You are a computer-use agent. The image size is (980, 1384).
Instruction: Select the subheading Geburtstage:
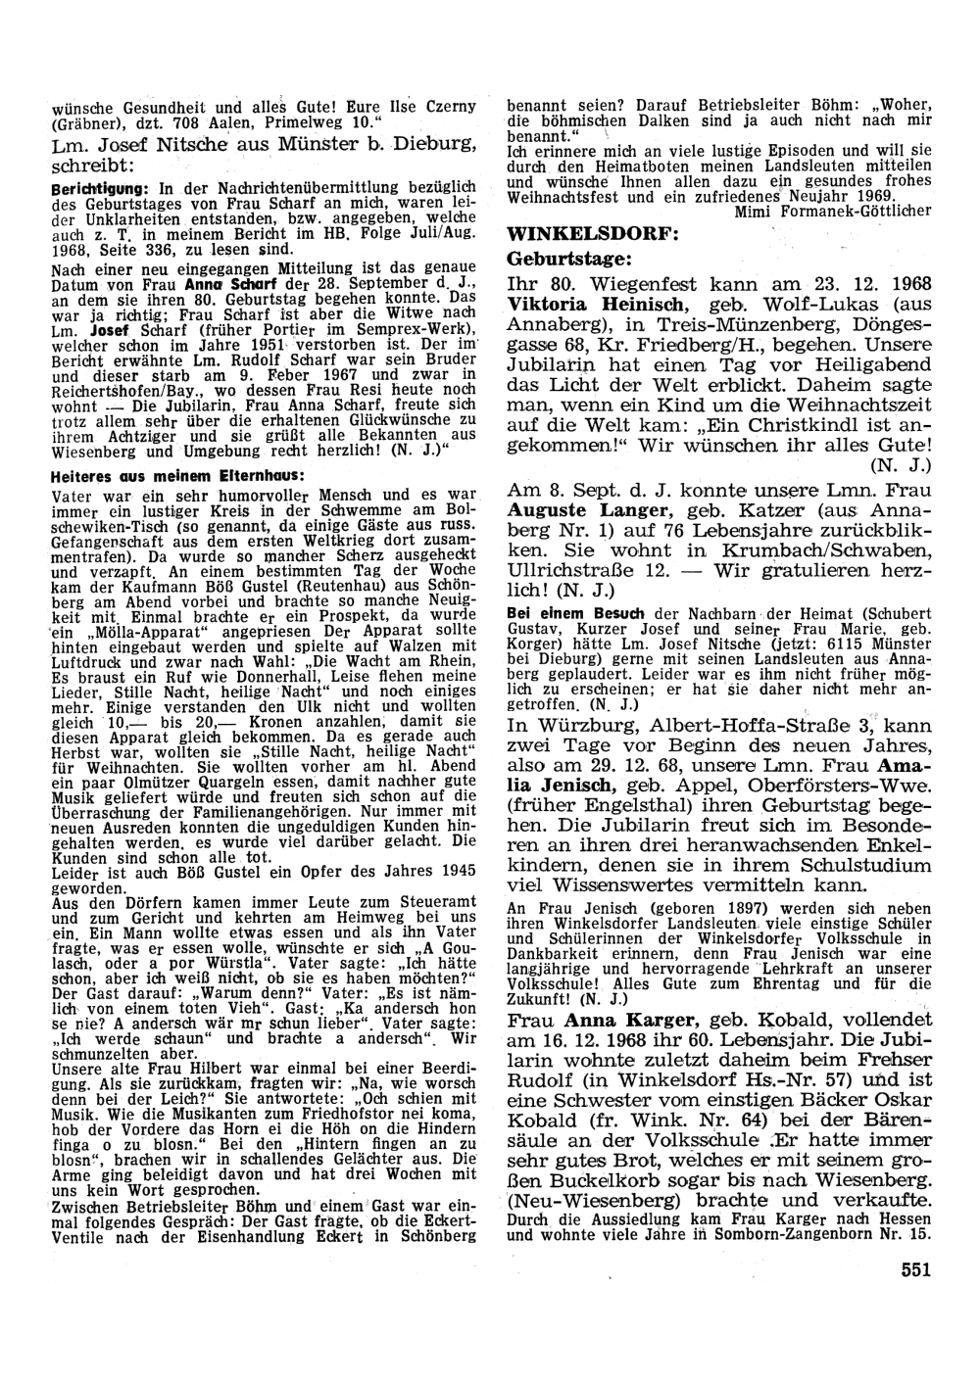tap(569, 260)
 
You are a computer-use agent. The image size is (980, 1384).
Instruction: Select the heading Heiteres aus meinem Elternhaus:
tap(177, 475)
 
